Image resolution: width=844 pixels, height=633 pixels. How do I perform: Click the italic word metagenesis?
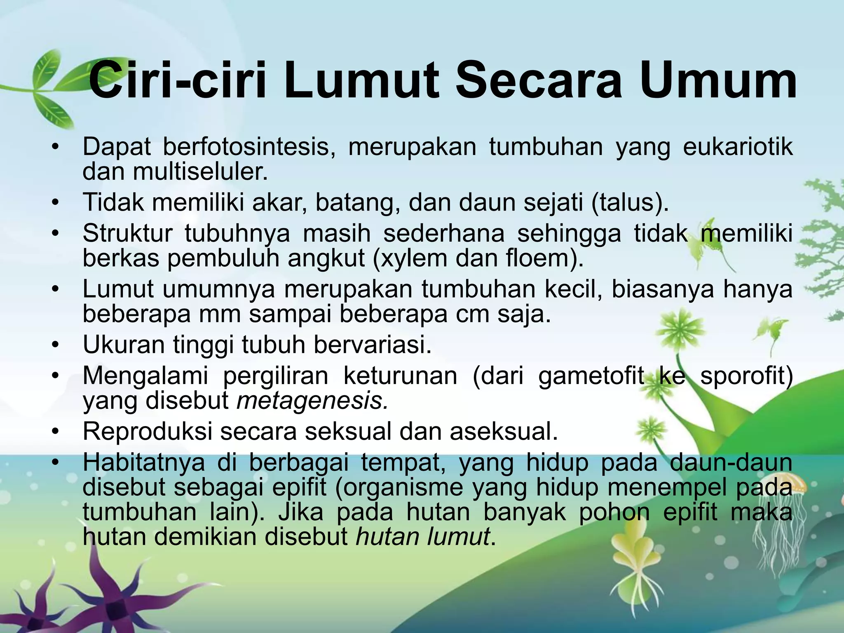click(x=312, y=400)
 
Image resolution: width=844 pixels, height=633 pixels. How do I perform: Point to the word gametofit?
click(x=591, y=375)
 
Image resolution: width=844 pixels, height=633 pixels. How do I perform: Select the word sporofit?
click(x=746, y=375)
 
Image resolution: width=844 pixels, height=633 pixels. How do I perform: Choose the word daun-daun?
click(x=731, y=462)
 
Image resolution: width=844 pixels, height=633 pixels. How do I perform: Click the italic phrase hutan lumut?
click(x=423, y=537)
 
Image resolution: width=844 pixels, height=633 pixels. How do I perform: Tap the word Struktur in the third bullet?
click(x=127, y=233)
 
